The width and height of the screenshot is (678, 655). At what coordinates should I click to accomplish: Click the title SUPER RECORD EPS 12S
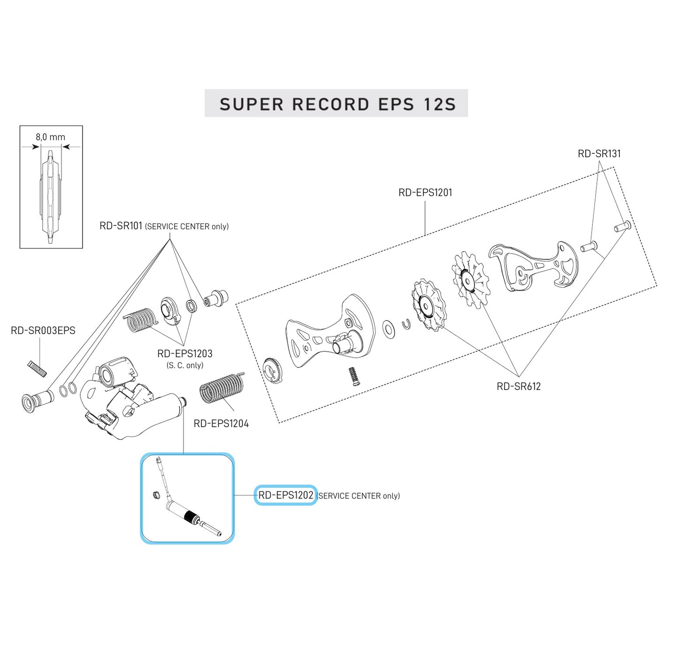point(337,104)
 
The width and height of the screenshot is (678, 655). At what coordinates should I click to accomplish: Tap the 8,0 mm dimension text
point(50,137)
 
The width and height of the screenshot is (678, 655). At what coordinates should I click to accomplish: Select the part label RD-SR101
point(121,226)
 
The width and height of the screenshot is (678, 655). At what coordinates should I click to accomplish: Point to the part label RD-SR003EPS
point(43,330)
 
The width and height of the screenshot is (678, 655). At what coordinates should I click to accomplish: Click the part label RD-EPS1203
point(184,354)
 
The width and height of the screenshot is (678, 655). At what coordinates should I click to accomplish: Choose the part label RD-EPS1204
point(221,424)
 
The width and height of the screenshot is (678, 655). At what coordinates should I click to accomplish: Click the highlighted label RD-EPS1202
point(286,495)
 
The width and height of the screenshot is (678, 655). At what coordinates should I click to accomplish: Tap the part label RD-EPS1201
point(425,192)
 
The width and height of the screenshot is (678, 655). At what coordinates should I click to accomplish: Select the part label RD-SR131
point(599,154)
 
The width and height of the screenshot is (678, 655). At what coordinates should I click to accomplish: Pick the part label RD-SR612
point(518,387)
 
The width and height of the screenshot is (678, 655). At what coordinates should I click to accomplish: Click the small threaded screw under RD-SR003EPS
point(37,368)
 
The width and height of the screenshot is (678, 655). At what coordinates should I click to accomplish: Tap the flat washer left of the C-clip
point(389,329)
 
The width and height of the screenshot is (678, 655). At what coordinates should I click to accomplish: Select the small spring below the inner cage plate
point(353,376)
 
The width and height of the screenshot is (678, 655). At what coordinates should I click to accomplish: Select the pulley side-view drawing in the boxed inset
point(51,197)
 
